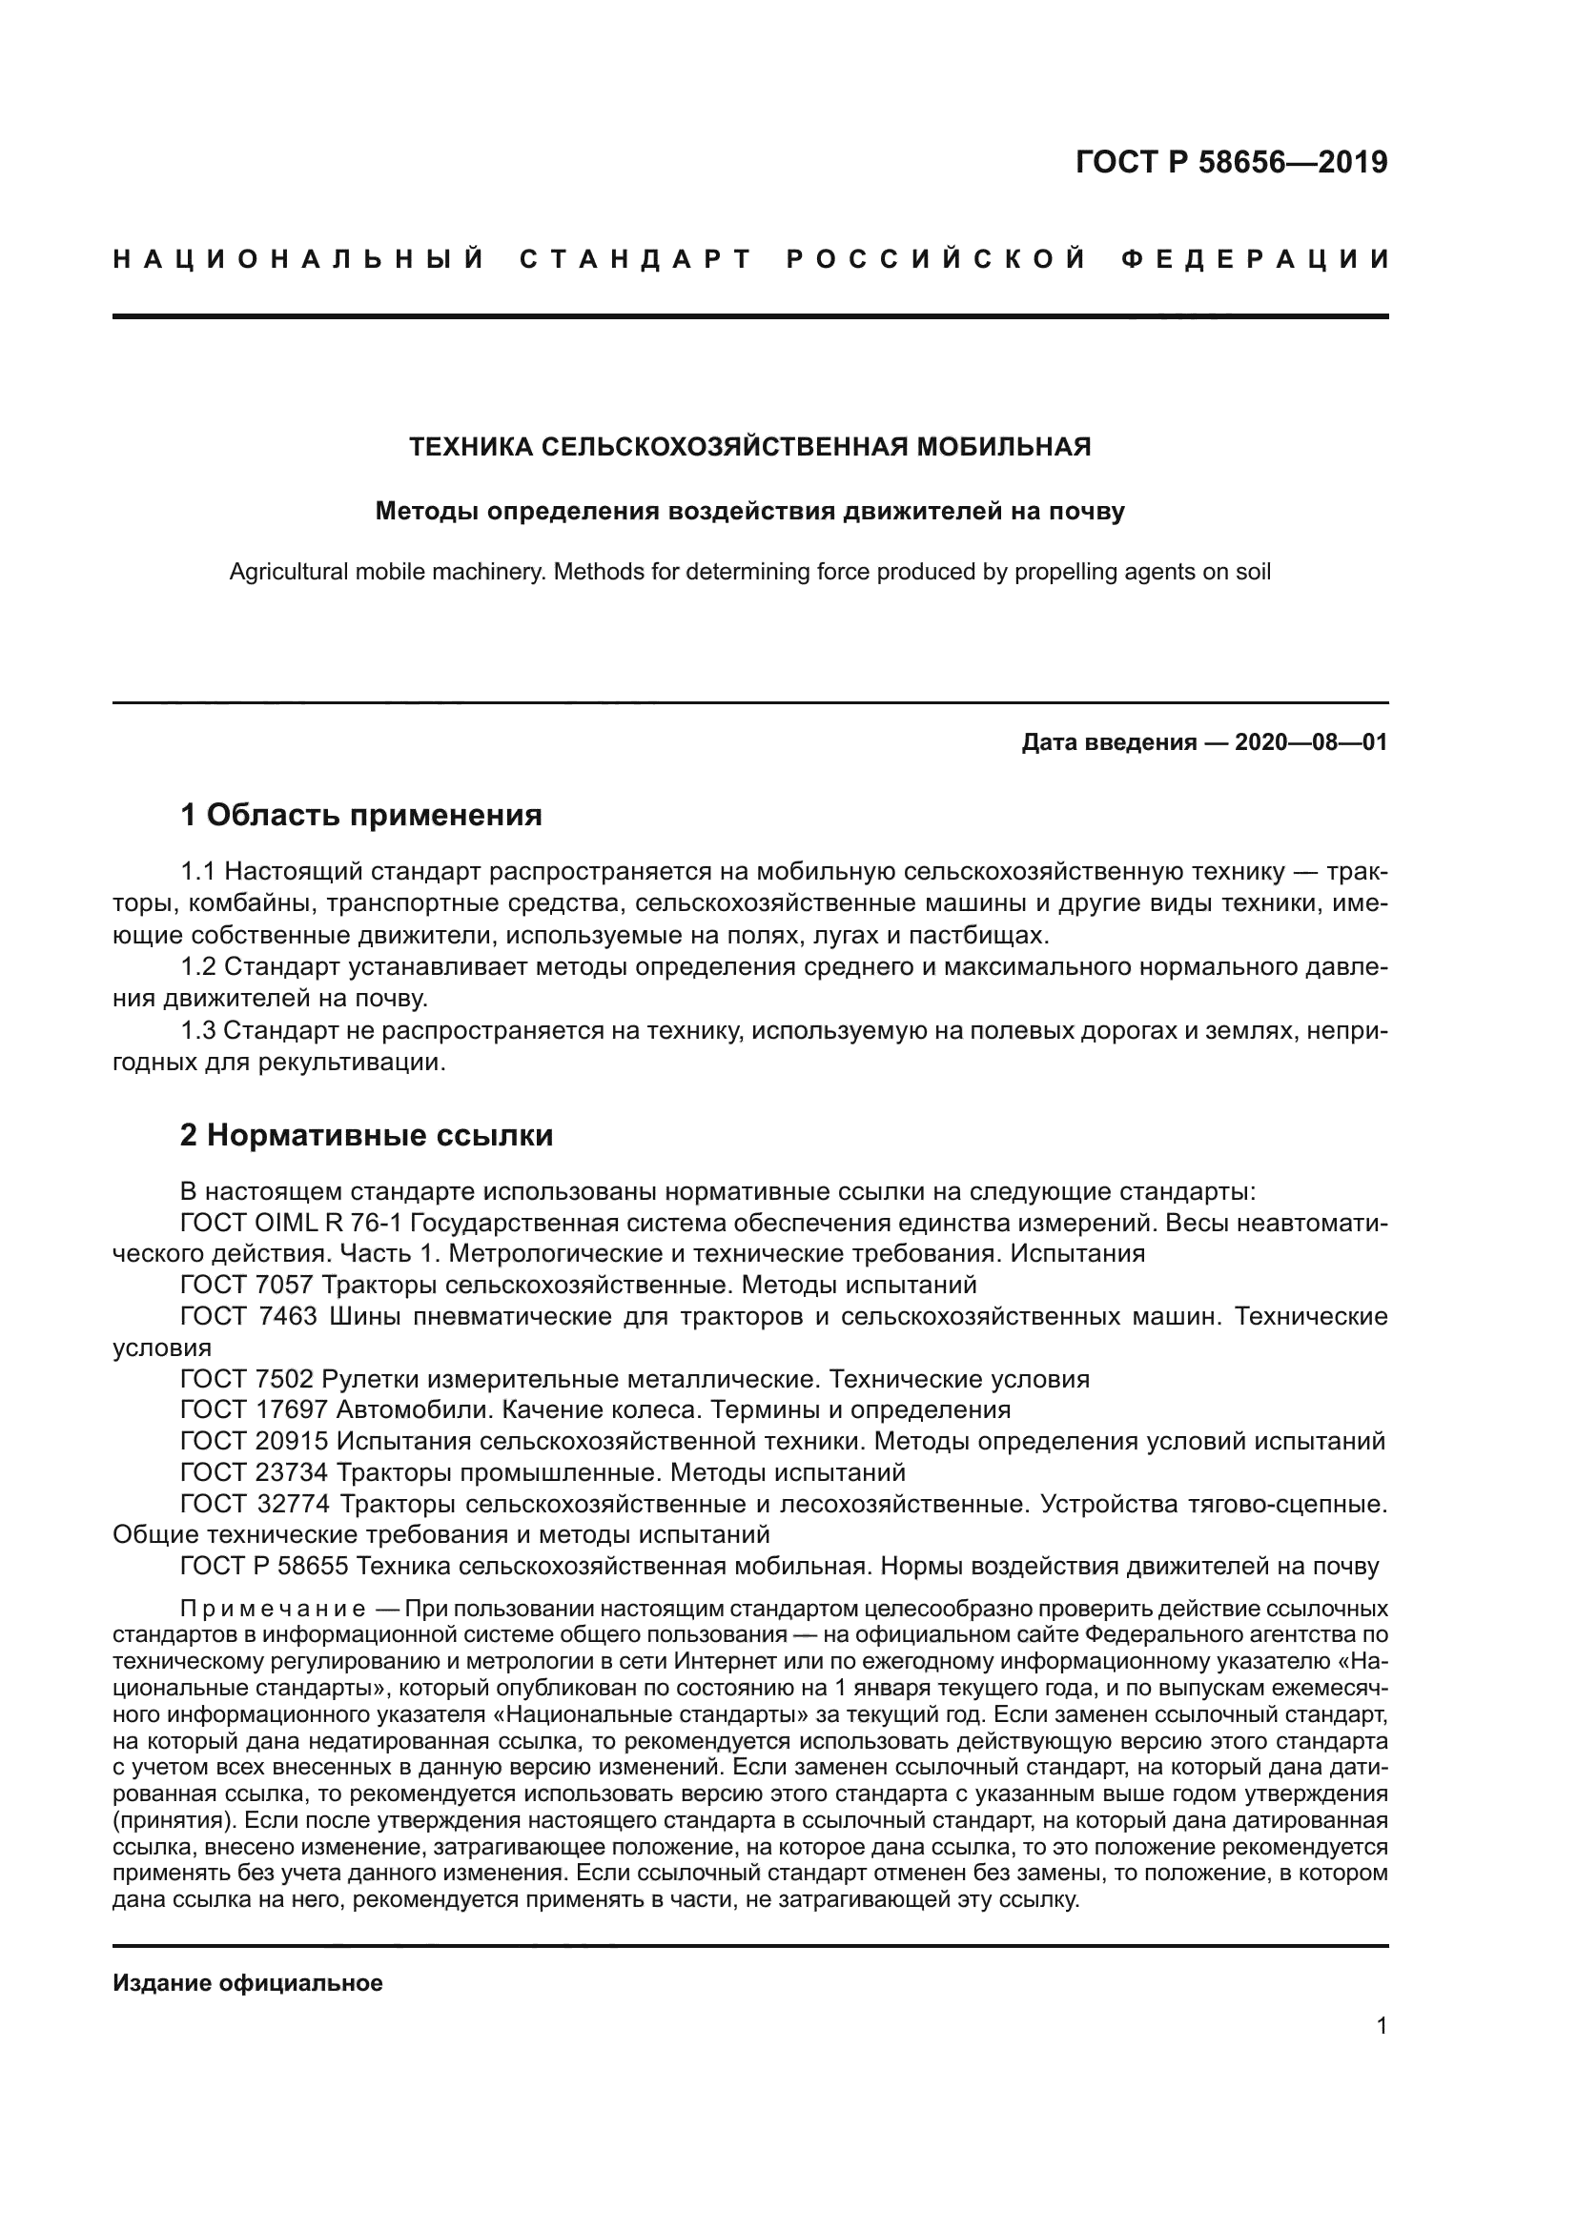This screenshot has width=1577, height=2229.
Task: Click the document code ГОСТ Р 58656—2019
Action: [x=1230, y=162]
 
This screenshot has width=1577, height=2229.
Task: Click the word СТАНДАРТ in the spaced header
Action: [x=636, y=259]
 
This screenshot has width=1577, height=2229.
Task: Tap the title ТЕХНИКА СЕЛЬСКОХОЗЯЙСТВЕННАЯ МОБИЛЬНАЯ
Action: [x=749, y=447]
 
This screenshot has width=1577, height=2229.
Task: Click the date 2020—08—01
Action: [x=1311, y=742]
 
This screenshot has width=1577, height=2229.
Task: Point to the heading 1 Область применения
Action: [x=360, y=815]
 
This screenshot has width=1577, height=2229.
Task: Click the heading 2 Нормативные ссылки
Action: [x=366, y=1135]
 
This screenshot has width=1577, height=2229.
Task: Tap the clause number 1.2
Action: [x=198, y=967]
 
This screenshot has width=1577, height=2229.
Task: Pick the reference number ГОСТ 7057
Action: [x=247, y=1286]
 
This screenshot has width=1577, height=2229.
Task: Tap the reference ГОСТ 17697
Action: [x=255, y=1409]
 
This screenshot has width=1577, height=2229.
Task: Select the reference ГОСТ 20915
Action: [x=255, y=1441]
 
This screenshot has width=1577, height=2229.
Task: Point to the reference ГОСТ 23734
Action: [x=255, y=1472]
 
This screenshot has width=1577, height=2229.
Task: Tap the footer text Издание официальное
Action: [x=248, y=1983]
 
